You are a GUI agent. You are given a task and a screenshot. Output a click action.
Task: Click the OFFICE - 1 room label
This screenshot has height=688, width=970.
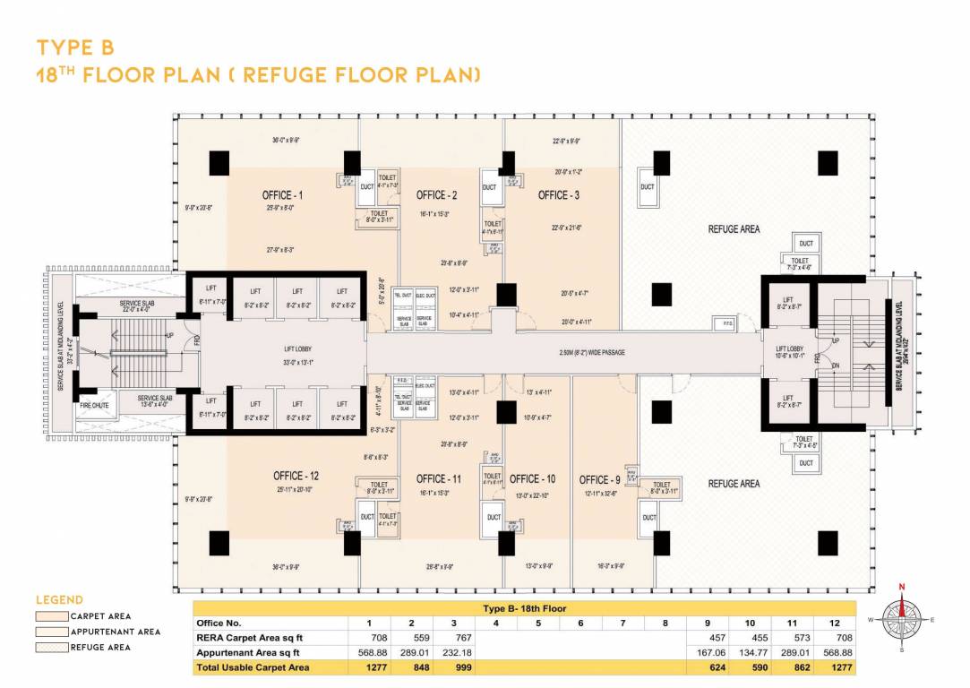[282, 195]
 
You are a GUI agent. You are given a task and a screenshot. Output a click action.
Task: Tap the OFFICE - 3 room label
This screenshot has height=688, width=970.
[559, 195]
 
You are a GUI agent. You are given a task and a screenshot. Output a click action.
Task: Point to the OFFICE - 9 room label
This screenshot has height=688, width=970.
[599, 480]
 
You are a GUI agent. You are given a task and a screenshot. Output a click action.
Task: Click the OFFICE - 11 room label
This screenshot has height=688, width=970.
[438, 479]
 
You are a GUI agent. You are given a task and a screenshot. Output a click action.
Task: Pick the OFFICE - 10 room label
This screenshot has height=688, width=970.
[532, 479]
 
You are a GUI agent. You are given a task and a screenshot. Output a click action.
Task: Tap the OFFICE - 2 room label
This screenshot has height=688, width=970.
[437, 195]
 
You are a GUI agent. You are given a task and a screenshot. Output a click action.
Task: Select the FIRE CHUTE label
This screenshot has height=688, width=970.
[93, 406]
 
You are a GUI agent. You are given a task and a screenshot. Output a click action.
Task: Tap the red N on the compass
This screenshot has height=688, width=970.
[902, 587]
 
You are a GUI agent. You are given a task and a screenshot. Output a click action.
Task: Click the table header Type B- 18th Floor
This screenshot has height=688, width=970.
[524, 608]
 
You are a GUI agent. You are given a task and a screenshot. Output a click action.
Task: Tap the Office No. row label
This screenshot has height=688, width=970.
[219, 623]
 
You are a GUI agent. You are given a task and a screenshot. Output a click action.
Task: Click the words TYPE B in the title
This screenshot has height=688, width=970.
[75, 47]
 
